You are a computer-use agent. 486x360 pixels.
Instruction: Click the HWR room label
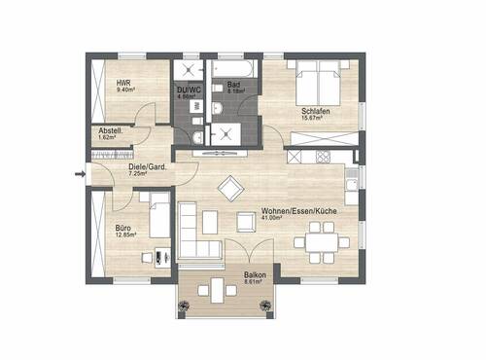123,84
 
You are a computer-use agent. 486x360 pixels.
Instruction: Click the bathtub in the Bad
236,70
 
